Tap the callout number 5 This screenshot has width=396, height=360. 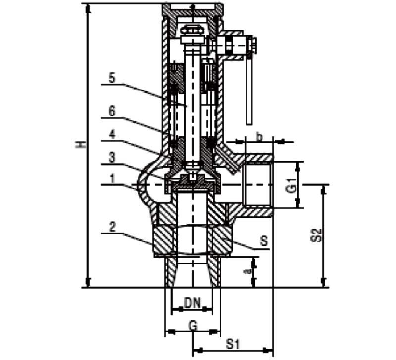click(x=112, y=78)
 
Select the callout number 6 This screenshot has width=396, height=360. click(x=112, y=111)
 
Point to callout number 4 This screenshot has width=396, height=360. click(x=112, y=134)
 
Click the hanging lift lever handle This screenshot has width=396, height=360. click(x=248, y=89)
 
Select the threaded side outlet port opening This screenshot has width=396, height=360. click(x=257, y=184)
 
